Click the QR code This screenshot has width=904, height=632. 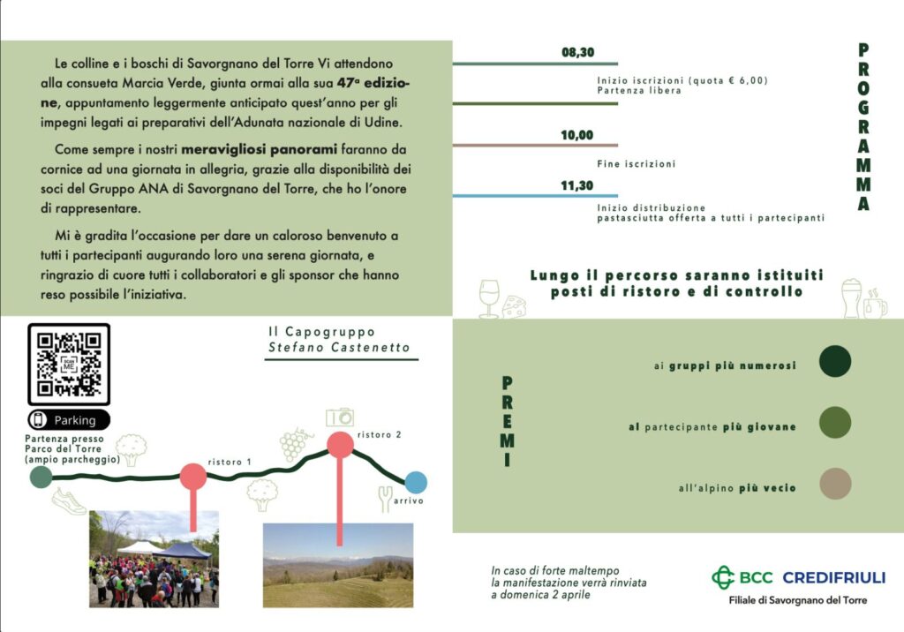tap(69, 365)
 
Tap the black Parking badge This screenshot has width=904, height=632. tap(69, 420)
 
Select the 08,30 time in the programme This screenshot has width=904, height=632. tap(577, 52)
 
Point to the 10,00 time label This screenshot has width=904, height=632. tap(577, 135)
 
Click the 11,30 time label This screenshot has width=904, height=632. tap(577, 185)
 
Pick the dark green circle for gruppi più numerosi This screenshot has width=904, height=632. tap(834, 361)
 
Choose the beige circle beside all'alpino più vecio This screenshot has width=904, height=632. tap(834, 484)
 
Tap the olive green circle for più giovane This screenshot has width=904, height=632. tap(834, 423)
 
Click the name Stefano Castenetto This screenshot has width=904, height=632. tap(339, 348)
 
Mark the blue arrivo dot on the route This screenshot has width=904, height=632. tap(416, 482)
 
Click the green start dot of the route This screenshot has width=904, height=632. tap(41, 478)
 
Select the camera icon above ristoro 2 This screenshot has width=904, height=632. tap(339, 417)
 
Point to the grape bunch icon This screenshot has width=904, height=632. tap(294, 445)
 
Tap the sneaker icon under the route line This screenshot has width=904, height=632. tap(69, 501)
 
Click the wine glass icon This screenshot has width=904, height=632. tap(488, 298)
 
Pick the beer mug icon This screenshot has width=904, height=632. tap(851, 297)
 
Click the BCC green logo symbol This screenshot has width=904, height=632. tap(724, 577)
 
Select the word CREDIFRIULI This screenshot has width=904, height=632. tap(833, 578)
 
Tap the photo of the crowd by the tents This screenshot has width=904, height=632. tap(154, 559)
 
